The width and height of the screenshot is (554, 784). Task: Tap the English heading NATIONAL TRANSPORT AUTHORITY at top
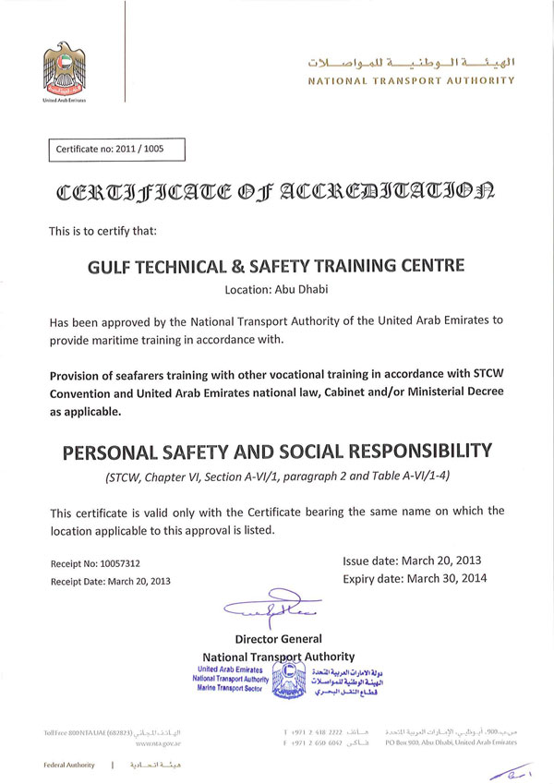(x=411, y=81)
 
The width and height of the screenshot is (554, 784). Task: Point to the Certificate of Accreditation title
(x=275, y=193)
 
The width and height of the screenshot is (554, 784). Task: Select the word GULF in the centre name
(x=110, y=266)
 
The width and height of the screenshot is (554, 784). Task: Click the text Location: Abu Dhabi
(x=275, y=289)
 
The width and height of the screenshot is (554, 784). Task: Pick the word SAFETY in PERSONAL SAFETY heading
(x=193, y=452)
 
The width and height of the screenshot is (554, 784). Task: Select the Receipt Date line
(x=111, y=581)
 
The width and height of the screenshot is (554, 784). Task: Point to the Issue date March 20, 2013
(x=412, y=561)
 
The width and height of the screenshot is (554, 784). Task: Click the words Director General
(x=278, y=638)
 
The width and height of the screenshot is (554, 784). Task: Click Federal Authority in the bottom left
(x=69, y=766)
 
